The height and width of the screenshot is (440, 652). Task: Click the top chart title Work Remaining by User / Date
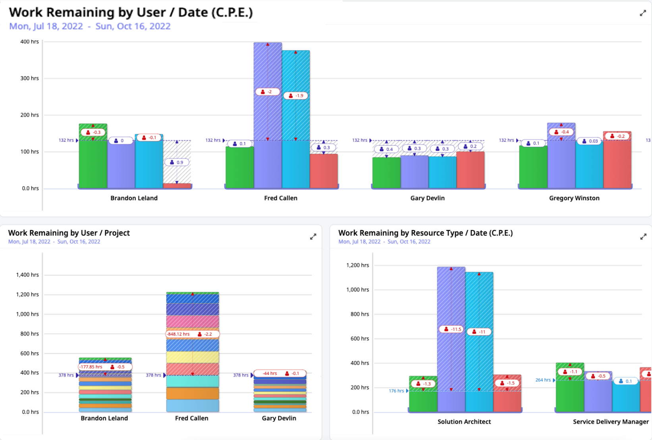pyautogui.click(x=131, y=12)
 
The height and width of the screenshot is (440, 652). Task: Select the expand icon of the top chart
pyautogui.click(x=643, y=14)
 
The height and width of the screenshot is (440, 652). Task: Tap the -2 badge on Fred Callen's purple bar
pyautogui.click(x=267, y=92)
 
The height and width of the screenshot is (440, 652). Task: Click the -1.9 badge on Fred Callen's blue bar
pyautogui.click(x=296, y=96)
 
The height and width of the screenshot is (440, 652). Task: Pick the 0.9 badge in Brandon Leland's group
pyautogui.click(x=177, y=162)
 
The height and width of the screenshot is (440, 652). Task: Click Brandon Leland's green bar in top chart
pyautogui.click(x=93, y=167)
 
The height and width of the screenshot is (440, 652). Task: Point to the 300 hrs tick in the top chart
pyautogui.click(x=30, y=78)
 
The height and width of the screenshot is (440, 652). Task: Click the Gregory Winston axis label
pyautogui.click(x=574, y=198)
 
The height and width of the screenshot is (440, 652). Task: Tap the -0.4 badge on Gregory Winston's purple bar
pyautogui.click(x=561, y=132)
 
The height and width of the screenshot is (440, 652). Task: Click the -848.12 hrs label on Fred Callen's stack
pyautogui.click(x=178, y=334)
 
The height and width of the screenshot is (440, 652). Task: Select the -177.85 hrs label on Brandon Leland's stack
pyautogui.click(x=91, y=367)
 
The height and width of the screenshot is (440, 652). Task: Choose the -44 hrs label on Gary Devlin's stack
pyautogui.click(x=270, y=373)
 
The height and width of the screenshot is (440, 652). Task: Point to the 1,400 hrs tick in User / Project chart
pyautogui.click(x=27, y=275)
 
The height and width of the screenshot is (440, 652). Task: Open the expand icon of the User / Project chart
pyautogui.click(x=313, y=237)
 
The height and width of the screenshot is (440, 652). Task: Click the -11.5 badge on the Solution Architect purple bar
pyautogui.click(x=451, y=329)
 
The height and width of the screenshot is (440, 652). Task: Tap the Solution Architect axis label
pyautogui.click(x=464, y=421)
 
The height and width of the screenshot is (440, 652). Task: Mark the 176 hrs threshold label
pyautogui.click(x=396, y=391)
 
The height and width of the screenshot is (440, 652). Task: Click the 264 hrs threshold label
pyautogui.click(x=543, y=380)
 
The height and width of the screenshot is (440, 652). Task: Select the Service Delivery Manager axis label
pyautogui.click(x=610, y=421)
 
